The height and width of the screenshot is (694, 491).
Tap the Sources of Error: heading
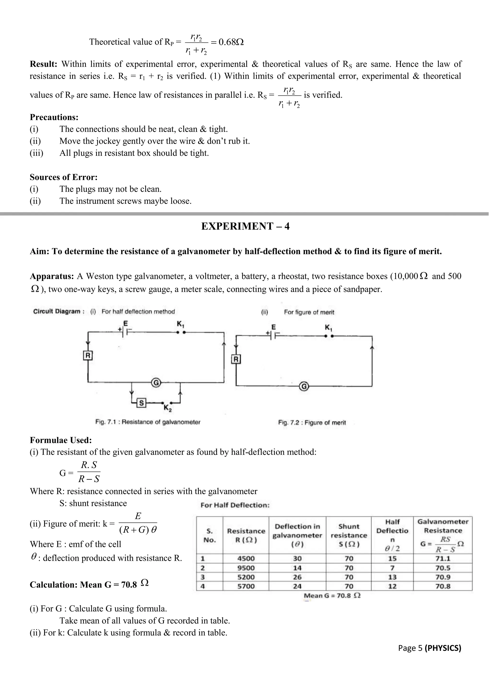pos(64,177)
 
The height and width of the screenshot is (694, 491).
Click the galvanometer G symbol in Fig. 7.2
pos(304,386)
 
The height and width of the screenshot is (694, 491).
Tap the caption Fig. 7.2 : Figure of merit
pos(312,422)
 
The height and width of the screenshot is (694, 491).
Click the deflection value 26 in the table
pos(297,577)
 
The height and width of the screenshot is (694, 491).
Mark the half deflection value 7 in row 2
pos(392,568)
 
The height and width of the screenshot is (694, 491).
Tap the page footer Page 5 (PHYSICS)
pos(429,648)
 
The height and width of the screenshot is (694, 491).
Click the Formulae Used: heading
pos(60,440)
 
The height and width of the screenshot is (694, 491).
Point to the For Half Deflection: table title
pos(235,505)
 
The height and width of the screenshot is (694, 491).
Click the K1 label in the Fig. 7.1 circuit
pos(181,324)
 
